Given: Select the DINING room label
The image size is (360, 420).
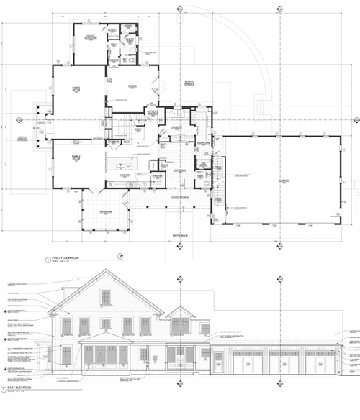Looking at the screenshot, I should (132, 87).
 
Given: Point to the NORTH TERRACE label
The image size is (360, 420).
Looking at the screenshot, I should (189, 83).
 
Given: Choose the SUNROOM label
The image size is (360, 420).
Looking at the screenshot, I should (106, 211).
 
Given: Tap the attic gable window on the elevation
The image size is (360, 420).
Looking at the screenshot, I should (105, 297).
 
